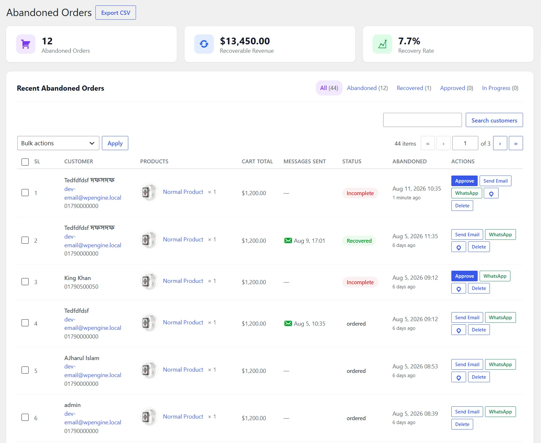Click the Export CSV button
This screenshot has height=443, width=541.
click(116, 13)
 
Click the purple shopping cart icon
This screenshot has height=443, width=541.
click(26, 44)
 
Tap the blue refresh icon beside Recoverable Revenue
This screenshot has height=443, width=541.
click(204, 44)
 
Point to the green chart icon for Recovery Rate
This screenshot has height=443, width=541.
click(382, 44)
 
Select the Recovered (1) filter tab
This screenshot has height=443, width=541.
click(414, 88)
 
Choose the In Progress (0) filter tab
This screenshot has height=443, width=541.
click(500, 88)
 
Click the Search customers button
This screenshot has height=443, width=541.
click(494, 120)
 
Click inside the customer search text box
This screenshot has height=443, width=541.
click(422, 120)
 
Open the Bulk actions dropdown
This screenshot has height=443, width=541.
click(58, 143)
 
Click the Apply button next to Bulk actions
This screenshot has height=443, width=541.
click(115, 143)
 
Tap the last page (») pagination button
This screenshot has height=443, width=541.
click(516, 143)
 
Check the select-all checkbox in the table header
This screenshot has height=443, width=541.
click(25, 162)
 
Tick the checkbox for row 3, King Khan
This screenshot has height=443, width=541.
click(25, 282)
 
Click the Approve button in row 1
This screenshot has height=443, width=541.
click(464, 181)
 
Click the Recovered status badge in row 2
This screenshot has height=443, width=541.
click(359, 241)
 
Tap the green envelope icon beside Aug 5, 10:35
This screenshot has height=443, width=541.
click(288, 323)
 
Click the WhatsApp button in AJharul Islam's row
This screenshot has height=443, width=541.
click(500, 365)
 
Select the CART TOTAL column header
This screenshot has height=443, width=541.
click(257, 161)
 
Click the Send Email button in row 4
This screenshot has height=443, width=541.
click(467, 318)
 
